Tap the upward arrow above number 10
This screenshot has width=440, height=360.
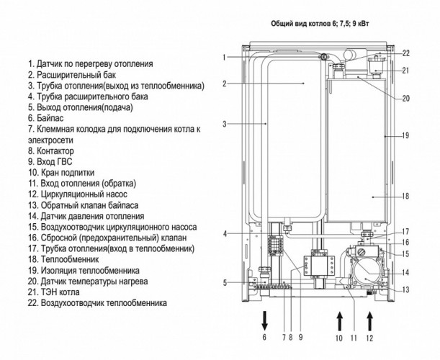[x=338, y=318]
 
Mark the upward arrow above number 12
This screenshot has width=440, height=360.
[x=371, y=318]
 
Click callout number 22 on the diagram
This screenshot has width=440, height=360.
[x=406, y=53]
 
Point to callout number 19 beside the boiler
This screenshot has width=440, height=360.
[x=405, y=135]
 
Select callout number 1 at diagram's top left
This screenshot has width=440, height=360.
[x=225, y=56]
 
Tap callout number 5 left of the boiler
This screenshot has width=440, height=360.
[x=225, y=282]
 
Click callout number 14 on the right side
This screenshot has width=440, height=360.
[x=405, y=271]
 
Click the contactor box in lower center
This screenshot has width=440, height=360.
[x=318, y=263]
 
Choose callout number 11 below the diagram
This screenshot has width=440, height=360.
[x=354, y=337]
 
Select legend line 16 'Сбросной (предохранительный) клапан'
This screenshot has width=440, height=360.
[x=107, y=237]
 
